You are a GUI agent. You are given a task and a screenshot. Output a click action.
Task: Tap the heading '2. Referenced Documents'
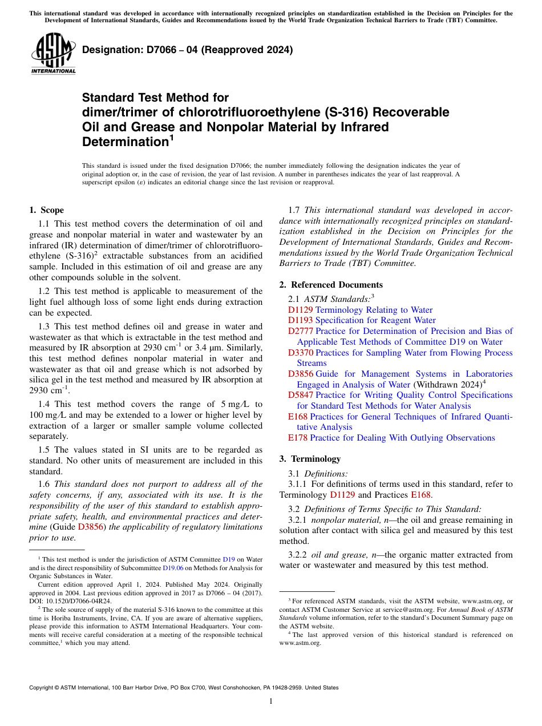[x=331, y=284]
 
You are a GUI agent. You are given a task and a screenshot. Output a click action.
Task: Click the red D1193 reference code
[x=300, y=320]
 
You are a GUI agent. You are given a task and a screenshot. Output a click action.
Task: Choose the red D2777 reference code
[x=300, y=331]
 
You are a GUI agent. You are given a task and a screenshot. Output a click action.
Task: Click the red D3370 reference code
[x=300, y=353]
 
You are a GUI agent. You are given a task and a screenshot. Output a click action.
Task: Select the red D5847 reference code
[x=300, y=395]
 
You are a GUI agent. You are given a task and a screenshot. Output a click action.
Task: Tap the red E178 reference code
[x=298, y=438]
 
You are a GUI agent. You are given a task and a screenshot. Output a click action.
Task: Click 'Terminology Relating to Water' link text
[x=374, y=310]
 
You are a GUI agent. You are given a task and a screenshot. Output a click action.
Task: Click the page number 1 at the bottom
[x=270, y=701]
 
